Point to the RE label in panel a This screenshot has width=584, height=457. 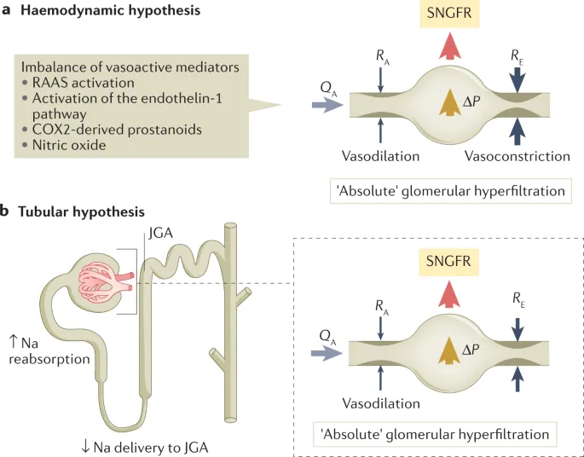(x=517, y=55)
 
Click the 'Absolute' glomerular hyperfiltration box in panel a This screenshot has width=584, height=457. (x=449, y=190)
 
